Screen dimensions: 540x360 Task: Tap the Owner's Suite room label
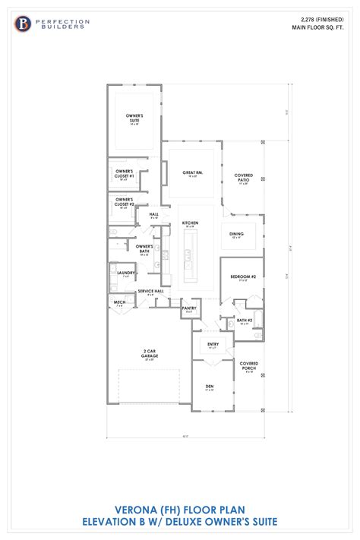[x=134, y=117]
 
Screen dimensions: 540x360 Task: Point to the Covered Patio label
[x=244, y=177]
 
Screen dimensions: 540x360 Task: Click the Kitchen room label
[x=189, y=223]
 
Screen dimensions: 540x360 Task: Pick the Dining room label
[x=236, y=234]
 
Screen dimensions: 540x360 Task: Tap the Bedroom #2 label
[x=243, y=277]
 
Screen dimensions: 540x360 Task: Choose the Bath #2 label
[x=244, y=321]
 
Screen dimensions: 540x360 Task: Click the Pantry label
[x=189, y=308]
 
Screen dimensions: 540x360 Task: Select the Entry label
[x=213, y=345]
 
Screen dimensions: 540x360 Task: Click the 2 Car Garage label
[x=149, y=352]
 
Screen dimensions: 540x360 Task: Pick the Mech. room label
[x=120, y=302]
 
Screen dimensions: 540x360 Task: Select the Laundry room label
[x=127, y=273]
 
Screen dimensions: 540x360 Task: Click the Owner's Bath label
[x=145, y=248]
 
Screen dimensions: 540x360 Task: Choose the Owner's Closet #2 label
[x=125, y=203]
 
